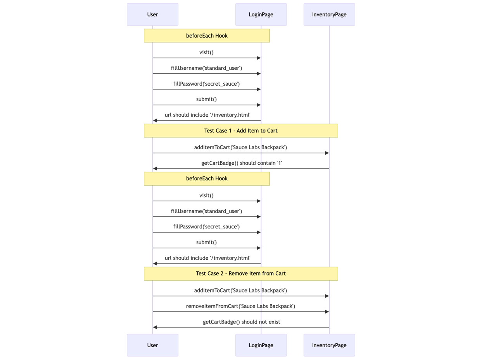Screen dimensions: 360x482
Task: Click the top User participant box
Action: point(152,15)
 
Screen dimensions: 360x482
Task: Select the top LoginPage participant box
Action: point(261,15)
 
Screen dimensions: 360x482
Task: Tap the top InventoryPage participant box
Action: point(329,15)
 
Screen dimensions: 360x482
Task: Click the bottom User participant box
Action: point(152,345)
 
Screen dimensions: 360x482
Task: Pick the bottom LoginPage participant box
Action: point(261,345)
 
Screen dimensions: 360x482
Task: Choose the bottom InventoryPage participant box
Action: point(329,345)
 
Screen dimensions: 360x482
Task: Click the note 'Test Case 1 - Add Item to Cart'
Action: point(241,131)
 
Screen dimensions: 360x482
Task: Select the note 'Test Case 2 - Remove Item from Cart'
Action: point(241,274)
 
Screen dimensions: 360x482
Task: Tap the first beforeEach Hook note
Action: point(207,36)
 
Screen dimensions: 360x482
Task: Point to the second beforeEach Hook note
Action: point(207,179)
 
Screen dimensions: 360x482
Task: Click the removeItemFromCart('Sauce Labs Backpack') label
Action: point(240,306)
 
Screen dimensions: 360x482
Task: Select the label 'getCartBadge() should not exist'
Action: point(241,322)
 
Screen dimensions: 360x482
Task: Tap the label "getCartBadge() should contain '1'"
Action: point(241,163)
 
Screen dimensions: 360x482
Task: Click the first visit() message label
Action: point(206,52)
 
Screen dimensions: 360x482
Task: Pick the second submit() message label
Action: point(206,242)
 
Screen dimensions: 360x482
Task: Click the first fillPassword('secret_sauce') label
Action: point(206,84)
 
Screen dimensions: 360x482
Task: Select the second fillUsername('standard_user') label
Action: point(206,211)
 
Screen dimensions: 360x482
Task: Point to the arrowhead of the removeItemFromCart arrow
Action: point(327,312)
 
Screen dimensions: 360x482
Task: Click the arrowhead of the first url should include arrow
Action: point(155,121)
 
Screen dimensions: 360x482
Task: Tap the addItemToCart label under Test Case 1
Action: point(240,147)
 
